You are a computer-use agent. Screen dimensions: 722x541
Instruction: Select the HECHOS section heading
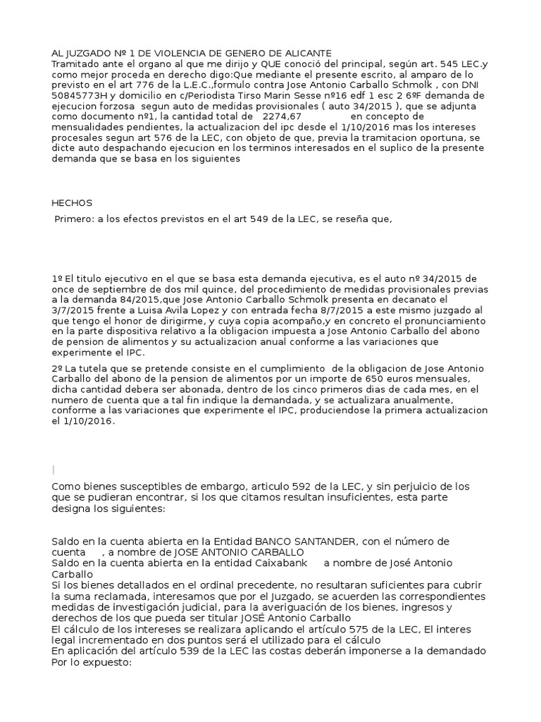(x=73, y=203)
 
